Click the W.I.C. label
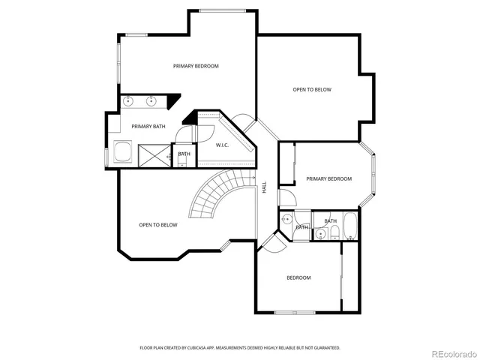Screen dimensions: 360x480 click(x=223, y=145)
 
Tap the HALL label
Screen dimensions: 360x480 click(x=264, y=187)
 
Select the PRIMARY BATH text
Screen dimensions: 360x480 click(x=148, y=126)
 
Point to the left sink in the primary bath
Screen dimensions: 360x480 click(x=127, y=101)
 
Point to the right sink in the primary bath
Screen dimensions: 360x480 click(x=151, y=101)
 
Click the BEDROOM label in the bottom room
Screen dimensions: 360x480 click(x=298, y=278)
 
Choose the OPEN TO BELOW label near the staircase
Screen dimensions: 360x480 click(x=158, y=225)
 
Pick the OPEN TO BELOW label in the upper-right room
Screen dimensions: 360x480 click(x=311, y=89)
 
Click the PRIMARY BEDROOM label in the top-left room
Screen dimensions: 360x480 click(x=196, y=66)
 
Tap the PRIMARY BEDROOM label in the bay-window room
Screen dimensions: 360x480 click(x=328, y=178)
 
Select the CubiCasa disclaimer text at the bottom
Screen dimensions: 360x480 click(x=240, y=348)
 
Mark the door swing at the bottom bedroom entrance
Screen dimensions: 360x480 click(x=271, y=240)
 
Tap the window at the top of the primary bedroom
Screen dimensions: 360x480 click(x=223, y=10)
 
